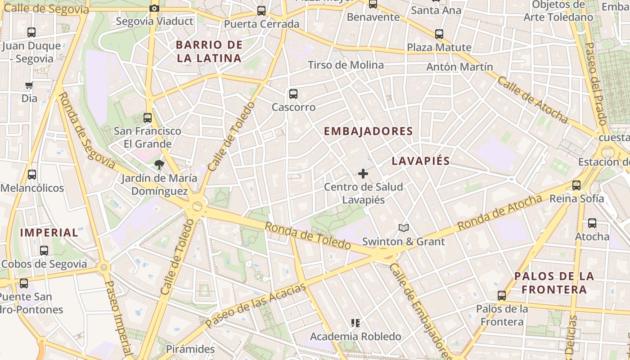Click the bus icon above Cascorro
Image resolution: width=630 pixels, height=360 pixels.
293,94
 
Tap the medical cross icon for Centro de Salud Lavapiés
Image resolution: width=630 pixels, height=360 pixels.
363,173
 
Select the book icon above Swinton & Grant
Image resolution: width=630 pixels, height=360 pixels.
404,228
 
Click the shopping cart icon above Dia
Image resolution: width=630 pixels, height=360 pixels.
29,85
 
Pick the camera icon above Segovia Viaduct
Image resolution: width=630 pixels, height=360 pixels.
154,8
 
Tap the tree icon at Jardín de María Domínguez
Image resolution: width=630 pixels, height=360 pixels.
159,165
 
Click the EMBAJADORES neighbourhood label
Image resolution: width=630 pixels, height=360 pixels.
369,131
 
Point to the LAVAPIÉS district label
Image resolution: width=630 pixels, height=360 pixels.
421,161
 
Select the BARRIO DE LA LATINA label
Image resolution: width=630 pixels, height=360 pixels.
209,51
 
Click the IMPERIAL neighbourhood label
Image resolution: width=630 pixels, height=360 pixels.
49,233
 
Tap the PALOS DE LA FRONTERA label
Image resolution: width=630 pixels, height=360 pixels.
554,283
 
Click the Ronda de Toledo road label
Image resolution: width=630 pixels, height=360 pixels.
307,236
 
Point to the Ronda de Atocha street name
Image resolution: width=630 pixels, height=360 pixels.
499,212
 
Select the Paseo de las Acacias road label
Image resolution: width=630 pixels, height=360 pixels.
256,305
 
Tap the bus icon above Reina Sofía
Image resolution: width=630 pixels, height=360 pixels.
576,185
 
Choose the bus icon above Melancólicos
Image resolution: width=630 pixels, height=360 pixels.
31,175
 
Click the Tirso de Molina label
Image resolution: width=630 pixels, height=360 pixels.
346,65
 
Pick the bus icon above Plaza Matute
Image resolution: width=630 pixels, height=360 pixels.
439,34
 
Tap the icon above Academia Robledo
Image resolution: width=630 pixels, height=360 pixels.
355,323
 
